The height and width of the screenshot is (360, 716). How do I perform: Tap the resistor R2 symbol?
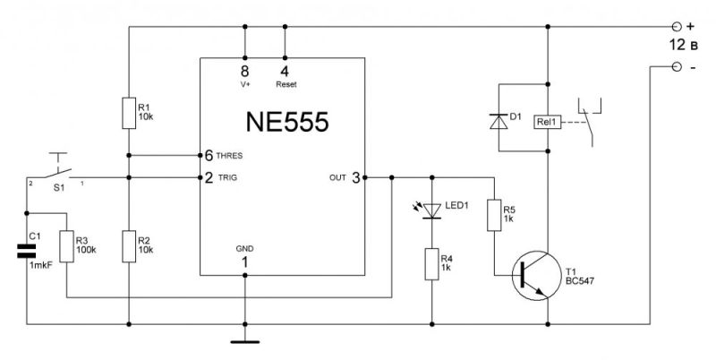tap(129, 242)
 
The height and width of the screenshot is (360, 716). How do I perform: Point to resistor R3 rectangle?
tap(67, 244)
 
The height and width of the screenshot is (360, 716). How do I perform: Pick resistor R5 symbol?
tap(493, 215)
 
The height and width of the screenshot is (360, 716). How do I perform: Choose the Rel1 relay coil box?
tap(545, 124)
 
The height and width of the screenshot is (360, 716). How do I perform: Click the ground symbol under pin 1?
tap(243, 339)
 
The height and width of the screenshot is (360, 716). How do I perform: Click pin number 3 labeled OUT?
tap(355, 177)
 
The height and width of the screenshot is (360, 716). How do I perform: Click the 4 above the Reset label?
tap(285, 69)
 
